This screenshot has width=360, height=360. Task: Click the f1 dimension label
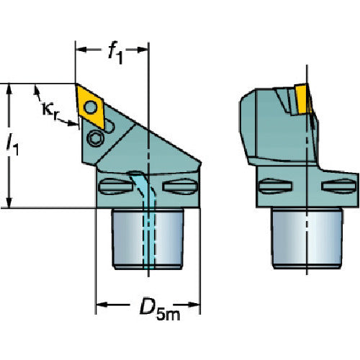[x=116, y=53]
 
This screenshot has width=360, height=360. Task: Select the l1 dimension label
[x=12, y=145]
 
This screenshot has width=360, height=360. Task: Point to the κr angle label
[x=50, y=111]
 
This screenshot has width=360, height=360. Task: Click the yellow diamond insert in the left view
[x=90, y=107]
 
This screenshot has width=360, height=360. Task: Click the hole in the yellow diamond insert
[x=91, y=107]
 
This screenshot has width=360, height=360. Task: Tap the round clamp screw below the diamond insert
[x=95, y=138]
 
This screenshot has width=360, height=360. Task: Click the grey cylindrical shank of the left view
[x=148, y=238]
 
